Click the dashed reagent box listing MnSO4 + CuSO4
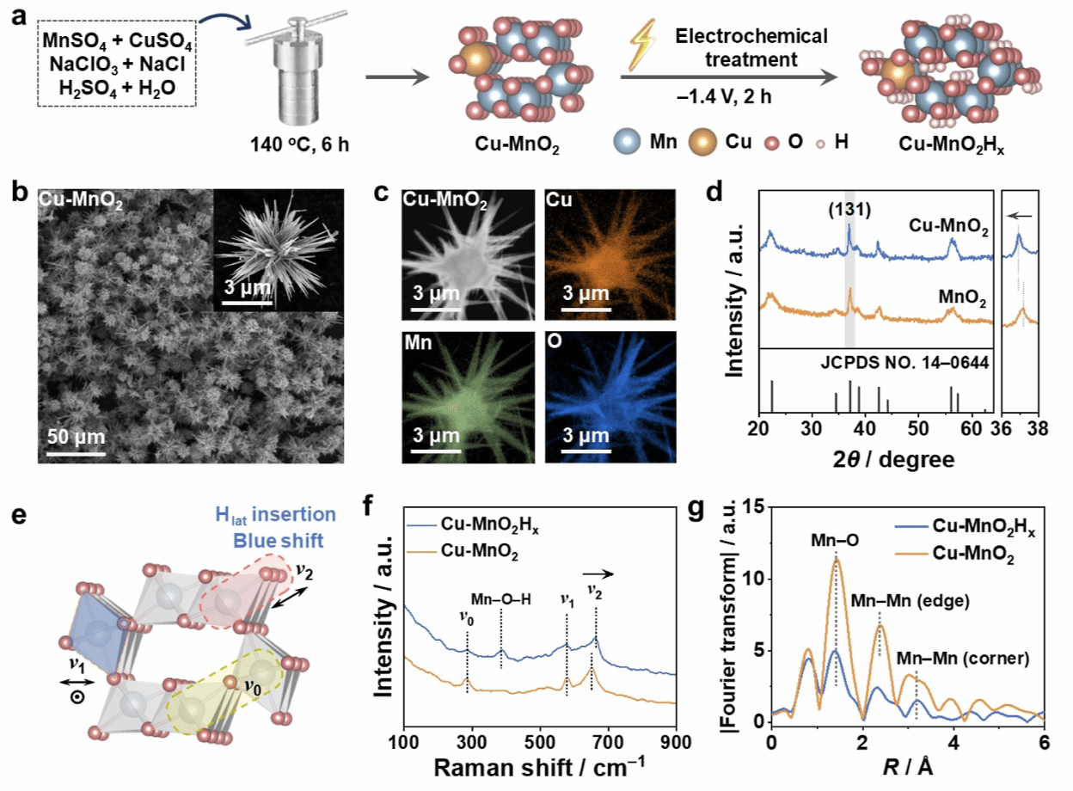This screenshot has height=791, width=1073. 118,64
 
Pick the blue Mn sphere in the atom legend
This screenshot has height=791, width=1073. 630,141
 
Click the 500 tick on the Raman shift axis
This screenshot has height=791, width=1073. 540,742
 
